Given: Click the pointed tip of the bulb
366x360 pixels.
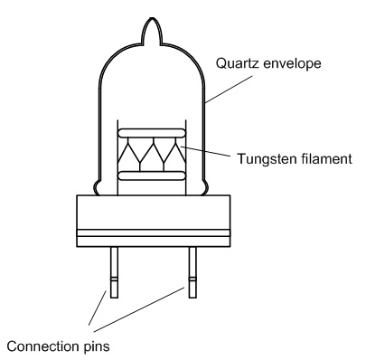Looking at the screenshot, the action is tap(153, 11).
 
